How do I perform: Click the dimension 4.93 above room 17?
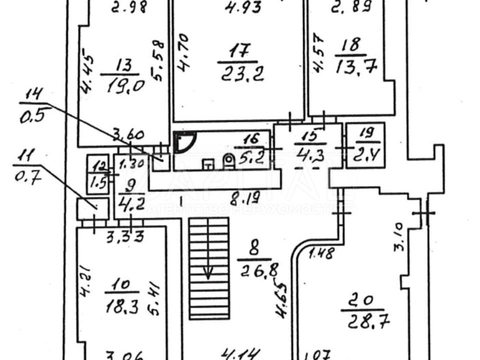tap(237, 7)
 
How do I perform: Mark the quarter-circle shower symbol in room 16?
tap(183, 143)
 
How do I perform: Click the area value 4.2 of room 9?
tap(124, 204)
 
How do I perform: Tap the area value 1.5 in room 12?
tap(97, 182)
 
